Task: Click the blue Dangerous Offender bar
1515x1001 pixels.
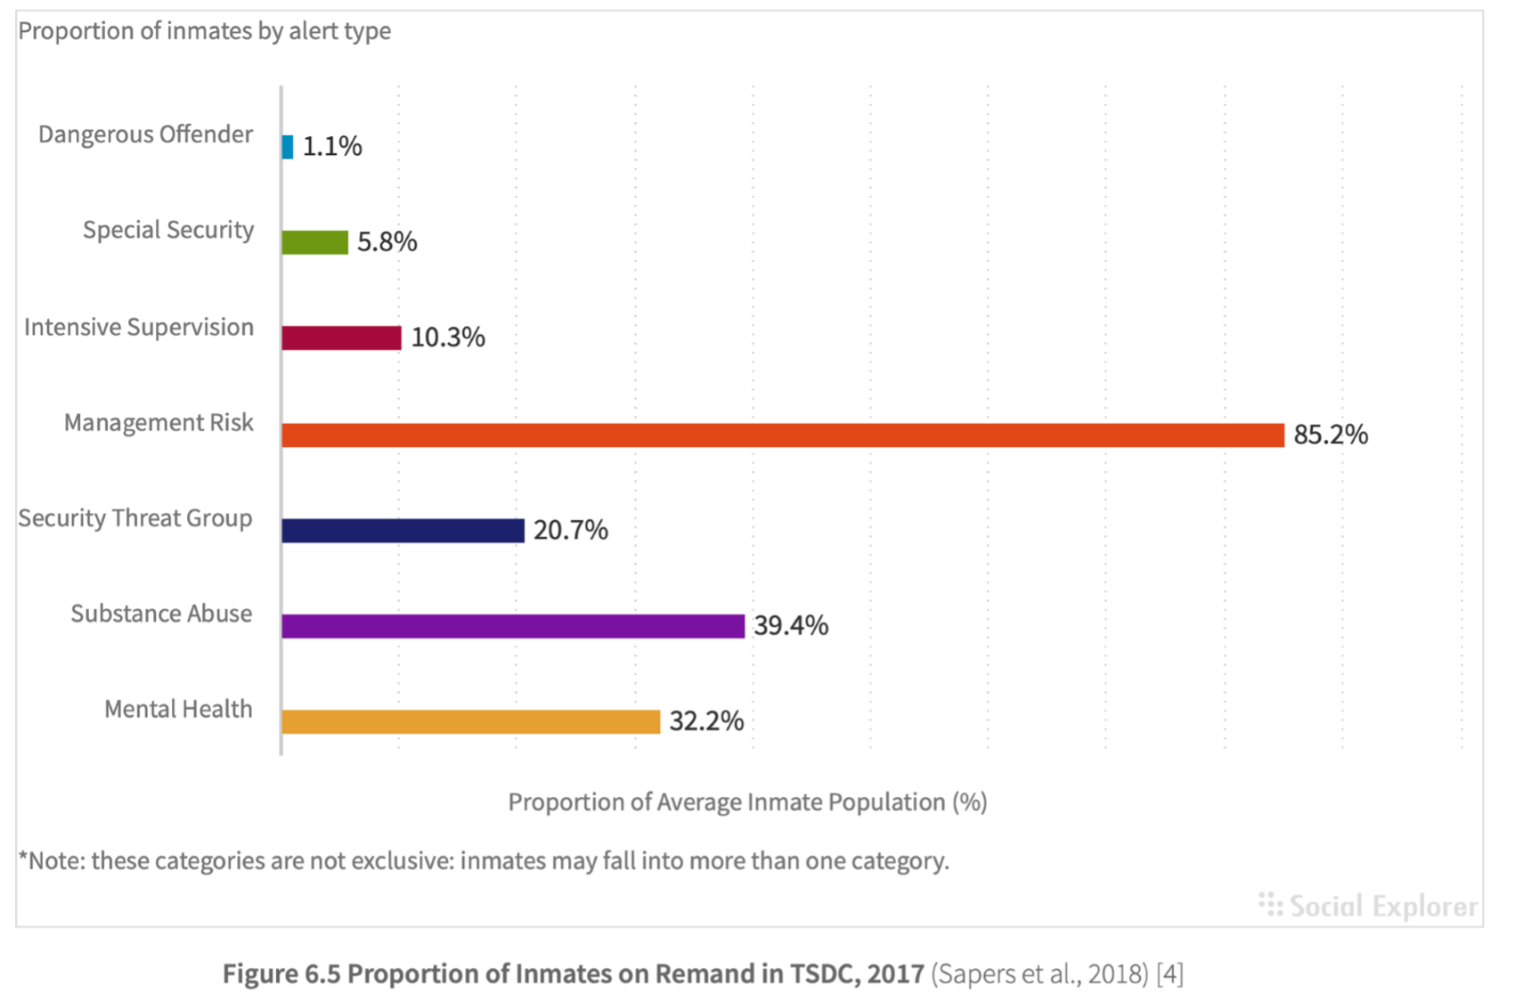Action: pyautogui.click(x=288, y=147)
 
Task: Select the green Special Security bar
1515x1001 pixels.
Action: pyautogui.click(x=314, y=242)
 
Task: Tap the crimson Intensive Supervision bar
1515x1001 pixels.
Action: pyautogui.click(x=341, y=338)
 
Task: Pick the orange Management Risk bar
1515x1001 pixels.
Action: pyautogui.click(x=782, y=435)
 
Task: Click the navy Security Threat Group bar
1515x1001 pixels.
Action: pyautogui.click(x=403, y=531)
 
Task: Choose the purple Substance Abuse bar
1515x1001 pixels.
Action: pyautogui.click(x=512, y=626)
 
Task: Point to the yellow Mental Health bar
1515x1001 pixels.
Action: pyautogui.click(x=470, y=721)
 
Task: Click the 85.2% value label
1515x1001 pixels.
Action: pyautogui.click(x=1330, y=435)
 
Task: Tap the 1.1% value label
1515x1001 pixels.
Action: pyautogui.click(x=332, y=146)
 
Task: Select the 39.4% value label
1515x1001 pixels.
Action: pyautogui.click(x=791, y=625)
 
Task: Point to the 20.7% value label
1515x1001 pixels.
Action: pyautogui.click(x=571, y=530)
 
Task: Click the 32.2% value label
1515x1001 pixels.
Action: pyautogui.click(x=706, y=720)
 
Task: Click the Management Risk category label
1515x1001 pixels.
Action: pyautogui.click(x=159, y=422)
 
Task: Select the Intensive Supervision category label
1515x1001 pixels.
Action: pyautogui.click(x=139, y=327)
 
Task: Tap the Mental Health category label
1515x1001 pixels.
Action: pyautogui.click(x=178, y=709)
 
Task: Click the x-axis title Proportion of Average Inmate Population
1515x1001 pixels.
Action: pyautogui.click(x=747, y=802)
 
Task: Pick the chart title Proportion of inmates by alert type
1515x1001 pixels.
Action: pyautogui.click(x=205, y=31)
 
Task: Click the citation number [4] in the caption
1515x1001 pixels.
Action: pyautogui.click(x=1169, y=973)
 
